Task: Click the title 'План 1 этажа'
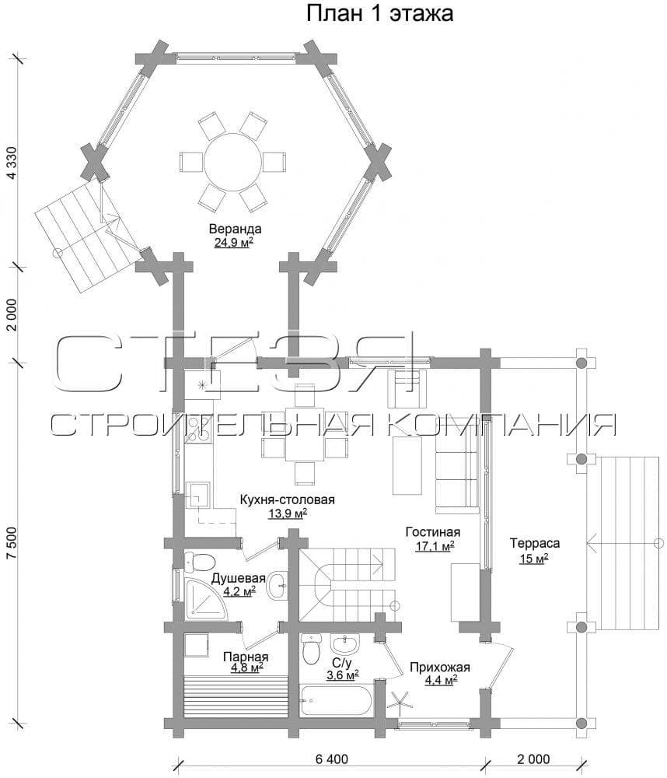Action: pos(379,13)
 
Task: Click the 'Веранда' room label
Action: pos(235,230)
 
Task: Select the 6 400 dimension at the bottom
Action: pos(332,759)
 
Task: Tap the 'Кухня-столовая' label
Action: pos(287,499)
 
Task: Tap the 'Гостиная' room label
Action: pos(433,532)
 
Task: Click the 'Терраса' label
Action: pos(535,543)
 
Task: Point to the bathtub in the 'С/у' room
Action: pos(335,700)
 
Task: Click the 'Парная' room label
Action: pos(246,657)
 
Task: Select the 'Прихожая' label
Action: pos(439,668)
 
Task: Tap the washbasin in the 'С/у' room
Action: pos(344,644)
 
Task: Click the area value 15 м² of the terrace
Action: pos(534,559)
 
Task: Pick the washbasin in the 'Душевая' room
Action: pos(277,586)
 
